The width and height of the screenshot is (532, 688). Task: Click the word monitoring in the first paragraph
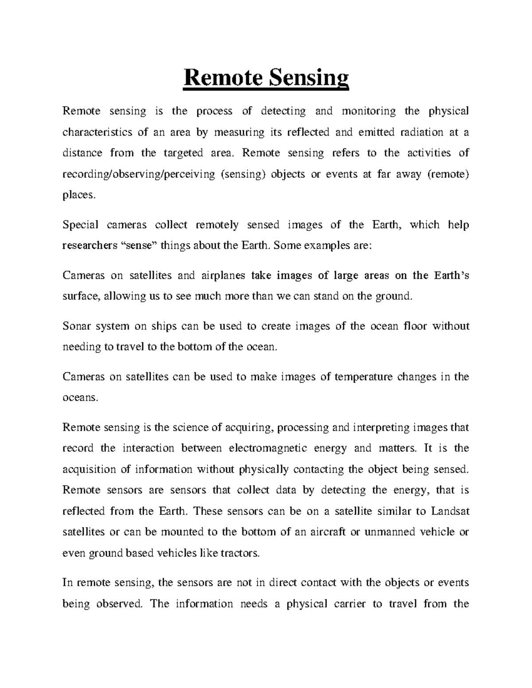click(368, 111)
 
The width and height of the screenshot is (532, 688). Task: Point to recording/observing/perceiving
click(138, 174)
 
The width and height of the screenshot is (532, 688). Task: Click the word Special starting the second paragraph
click(80, 225)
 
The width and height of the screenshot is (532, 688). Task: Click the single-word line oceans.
click(79, 398)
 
